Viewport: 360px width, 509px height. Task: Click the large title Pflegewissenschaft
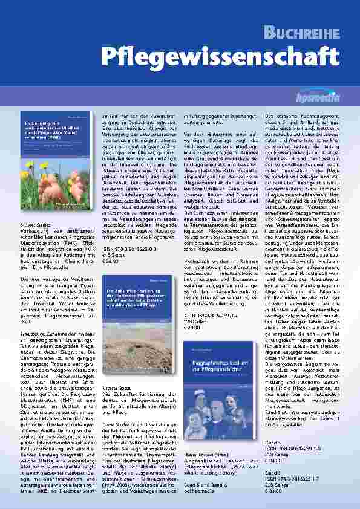[x=219, y=57]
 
